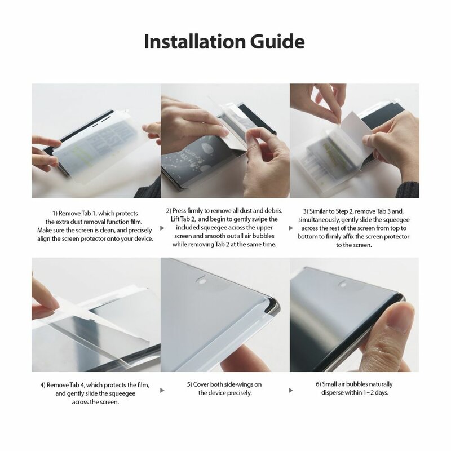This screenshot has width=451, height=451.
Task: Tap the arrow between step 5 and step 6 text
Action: [x=292, y=390]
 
